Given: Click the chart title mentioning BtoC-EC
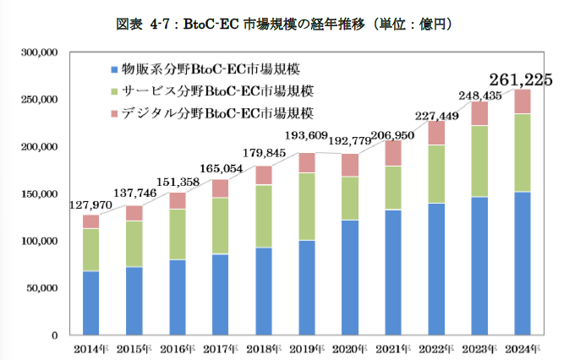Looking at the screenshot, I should tap(284, 25).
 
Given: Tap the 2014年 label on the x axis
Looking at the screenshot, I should tap(91, 348).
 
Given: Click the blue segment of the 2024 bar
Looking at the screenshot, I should tap(522, 262).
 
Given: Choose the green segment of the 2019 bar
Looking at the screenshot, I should tap(307, 206).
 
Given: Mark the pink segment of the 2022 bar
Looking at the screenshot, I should tap(435, 133).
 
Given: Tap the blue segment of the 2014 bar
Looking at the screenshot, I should tap(91, 303).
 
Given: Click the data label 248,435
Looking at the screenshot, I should tap(479, 94).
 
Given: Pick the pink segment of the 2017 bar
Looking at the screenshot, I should tap(219, 188).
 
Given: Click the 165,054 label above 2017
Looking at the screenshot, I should tap(218, 169).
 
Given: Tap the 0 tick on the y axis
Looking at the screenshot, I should tap(53, 335).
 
